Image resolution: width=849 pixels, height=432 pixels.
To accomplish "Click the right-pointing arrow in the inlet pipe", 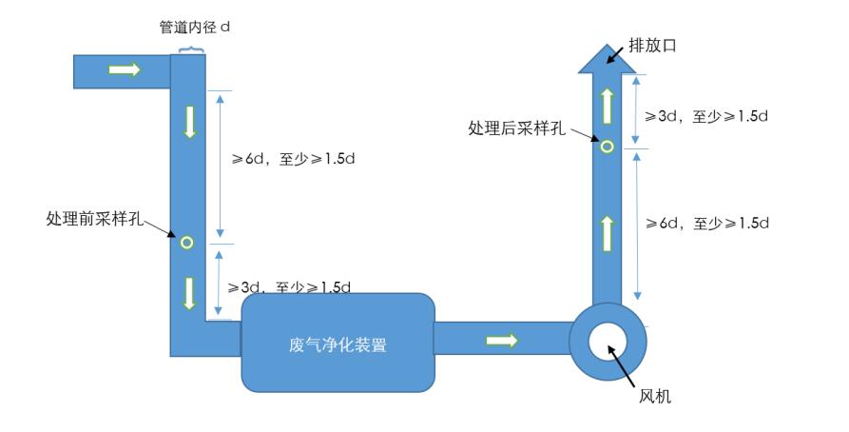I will pos(125,69).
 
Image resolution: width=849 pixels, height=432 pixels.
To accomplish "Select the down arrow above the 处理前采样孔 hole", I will pos(189,122).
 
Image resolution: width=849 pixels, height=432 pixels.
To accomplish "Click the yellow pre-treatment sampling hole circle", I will pos(186,242).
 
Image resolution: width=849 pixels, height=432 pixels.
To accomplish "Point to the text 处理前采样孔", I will pos(94,218).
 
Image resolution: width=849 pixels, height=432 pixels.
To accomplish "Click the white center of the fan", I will pos(608,341).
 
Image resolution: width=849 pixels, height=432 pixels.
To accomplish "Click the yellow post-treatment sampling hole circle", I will pos(606,146).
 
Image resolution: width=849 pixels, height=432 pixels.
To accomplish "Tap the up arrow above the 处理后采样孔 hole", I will pos(607,103).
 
